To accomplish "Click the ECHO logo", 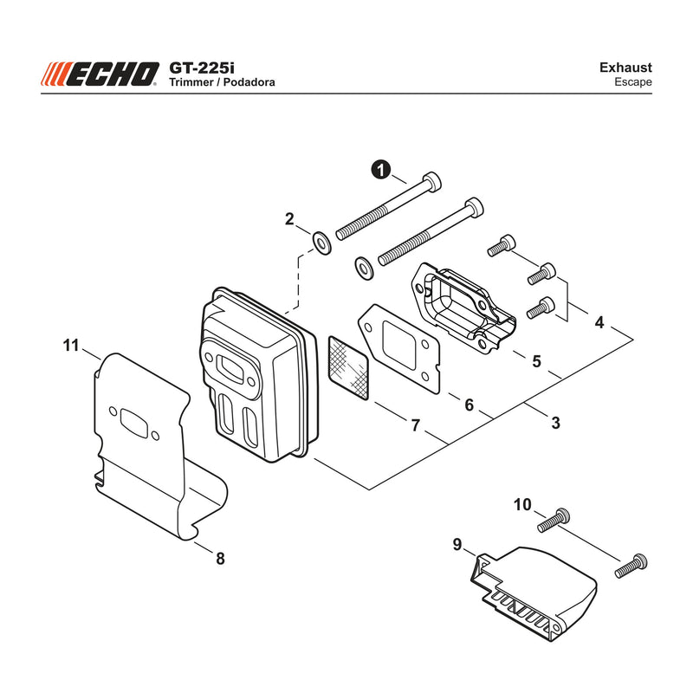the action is point(100,74).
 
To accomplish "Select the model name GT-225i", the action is point(202,68).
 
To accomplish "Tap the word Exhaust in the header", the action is point(625,68).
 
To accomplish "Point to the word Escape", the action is point(633,82).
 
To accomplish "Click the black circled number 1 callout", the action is point(381,170).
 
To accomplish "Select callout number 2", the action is point(289,219).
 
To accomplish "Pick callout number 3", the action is point(555,423).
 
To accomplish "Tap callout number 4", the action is point(599,322).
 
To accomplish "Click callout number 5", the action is point(536,361).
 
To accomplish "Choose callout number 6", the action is point(469,405).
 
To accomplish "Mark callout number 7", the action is point(415,425).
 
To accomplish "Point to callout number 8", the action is point(220,559).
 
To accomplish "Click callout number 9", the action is point(457,545).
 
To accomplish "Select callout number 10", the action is point(522,504).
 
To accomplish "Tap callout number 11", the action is point(71,345).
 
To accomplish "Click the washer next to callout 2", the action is point(321,242).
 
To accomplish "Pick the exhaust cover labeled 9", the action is point(534,593).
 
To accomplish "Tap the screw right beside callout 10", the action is point(554,521).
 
